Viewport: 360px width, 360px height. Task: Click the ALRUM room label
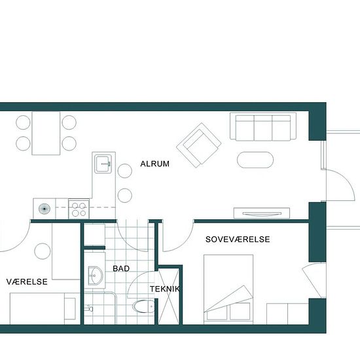154,164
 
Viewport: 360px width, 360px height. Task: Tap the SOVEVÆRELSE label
238,240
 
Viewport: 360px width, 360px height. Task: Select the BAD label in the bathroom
121,268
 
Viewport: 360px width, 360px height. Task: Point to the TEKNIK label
165,289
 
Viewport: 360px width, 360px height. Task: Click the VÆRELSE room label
27,281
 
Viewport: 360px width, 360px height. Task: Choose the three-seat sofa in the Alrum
263,126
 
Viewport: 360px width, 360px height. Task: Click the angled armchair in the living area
199,145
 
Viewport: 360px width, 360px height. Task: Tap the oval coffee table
255,160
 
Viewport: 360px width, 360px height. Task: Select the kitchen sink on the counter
103,164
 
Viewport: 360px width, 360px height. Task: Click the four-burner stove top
79,209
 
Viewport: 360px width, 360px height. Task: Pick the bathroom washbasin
96,276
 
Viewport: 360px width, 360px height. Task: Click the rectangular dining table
46,133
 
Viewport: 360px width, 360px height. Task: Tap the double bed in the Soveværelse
228,289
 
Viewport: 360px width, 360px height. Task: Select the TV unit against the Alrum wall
262,213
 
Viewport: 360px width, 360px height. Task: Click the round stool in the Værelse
43,251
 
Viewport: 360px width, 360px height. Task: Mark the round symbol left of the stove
45,209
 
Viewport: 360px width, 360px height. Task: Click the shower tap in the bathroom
88,308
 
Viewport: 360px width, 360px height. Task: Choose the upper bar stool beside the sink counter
124,171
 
